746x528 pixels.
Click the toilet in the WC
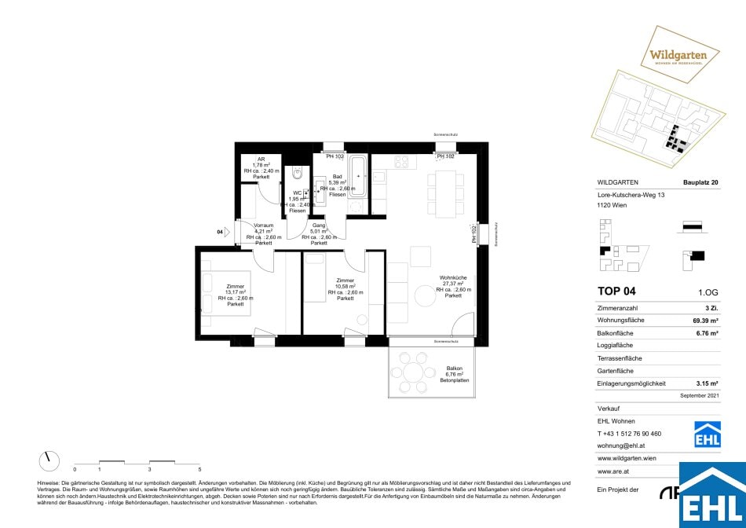point(297,173)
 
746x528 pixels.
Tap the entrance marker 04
point(220,232)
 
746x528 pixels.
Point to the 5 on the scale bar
point(199,468)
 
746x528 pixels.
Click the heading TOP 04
point(616,291)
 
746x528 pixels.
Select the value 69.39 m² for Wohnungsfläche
point(702,322)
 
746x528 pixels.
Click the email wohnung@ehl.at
point(623,445)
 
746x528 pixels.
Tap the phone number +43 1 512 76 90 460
point(629,433)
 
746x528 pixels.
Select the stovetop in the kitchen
point(402,162)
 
